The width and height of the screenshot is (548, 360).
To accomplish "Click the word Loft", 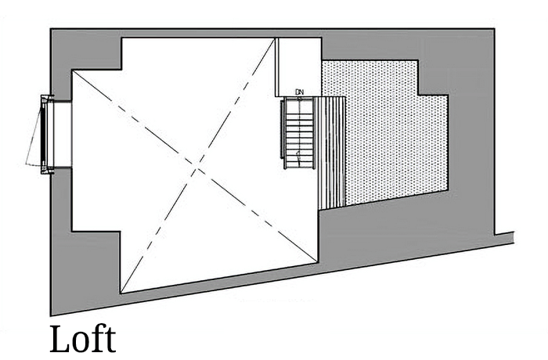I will click(x=82, y=339).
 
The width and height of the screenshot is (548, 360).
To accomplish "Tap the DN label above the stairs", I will click(x=299, y=92).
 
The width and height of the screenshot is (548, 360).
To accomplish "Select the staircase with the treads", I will click(x=297, y=129).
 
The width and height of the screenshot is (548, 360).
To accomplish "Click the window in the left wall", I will click(x=48, y=135).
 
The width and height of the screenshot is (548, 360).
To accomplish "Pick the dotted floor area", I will click(x=384, y=133).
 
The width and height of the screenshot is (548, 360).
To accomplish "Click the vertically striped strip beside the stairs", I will click(x=333, y=153).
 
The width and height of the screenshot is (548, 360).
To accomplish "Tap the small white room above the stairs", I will click(x=298, y=67).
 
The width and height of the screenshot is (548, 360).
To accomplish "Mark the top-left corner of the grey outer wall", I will click(x=51, y=30).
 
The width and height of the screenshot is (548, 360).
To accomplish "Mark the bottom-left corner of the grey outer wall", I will click(x=51, y=315).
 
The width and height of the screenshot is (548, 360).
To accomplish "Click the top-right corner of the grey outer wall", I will click(x=493, y=30).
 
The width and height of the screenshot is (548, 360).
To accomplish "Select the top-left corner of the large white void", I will click(x=121, y=38).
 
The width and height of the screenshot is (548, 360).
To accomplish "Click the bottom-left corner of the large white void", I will click(x=121, y=293).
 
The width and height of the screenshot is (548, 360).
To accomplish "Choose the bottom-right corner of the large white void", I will click(x=320, y=262).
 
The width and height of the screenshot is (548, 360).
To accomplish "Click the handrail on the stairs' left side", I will click(x=283, y=129).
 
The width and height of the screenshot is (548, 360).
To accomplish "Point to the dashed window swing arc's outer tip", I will click(x=26, y=165).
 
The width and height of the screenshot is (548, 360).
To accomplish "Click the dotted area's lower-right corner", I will click(x=448, y=190).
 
